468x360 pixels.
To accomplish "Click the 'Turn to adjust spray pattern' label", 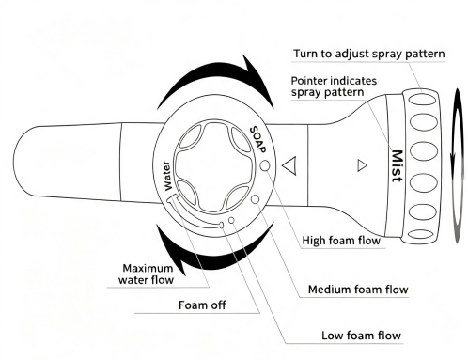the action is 369,54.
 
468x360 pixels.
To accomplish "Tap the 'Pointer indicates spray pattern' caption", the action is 334,86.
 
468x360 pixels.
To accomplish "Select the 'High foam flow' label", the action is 341,241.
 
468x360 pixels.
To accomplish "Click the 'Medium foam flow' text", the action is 358,290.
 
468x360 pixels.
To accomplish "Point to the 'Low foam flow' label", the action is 361,336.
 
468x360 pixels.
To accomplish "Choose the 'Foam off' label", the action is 202,305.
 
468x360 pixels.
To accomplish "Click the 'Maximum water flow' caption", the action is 146,274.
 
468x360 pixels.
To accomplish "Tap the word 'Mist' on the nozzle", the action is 398,166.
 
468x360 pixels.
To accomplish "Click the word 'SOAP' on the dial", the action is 258,139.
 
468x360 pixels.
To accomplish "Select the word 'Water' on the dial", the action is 167,176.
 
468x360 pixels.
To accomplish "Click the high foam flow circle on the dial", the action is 265,165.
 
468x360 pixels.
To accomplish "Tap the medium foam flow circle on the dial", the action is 256,199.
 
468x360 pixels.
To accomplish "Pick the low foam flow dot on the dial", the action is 231,220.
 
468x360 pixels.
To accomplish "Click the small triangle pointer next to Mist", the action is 362,165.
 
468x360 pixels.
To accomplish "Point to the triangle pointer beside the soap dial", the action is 289,165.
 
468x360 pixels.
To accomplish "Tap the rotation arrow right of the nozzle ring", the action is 458,166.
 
